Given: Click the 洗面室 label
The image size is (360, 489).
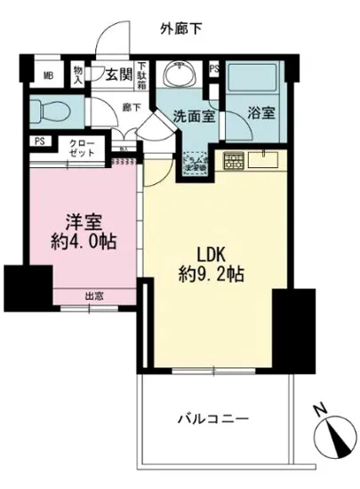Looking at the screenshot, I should click(x=189, y=116).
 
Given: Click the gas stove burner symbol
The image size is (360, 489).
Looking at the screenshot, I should click(x=233, y=163).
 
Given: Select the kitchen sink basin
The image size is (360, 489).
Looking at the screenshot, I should click(x=266, y=160).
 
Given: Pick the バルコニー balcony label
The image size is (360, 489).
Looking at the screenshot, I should click(x=212, y=418).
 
